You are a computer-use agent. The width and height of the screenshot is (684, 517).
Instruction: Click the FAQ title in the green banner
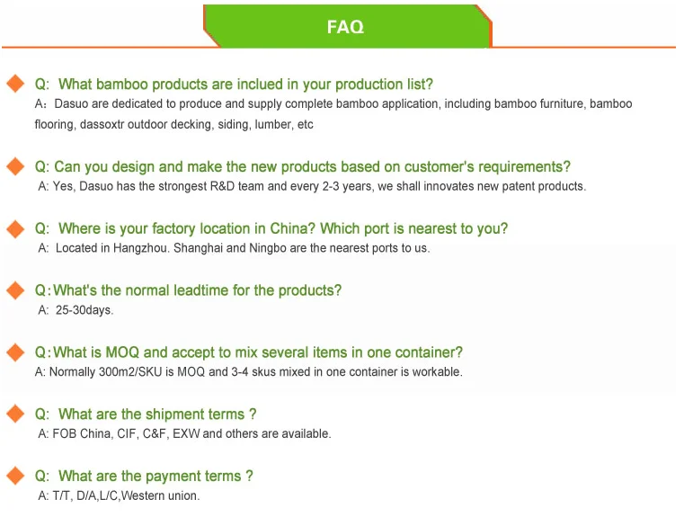tap(345, 27)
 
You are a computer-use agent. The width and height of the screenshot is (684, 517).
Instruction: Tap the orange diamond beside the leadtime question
tap(15, 290)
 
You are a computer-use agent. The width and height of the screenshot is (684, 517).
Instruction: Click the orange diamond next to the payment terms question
tap(15, 476)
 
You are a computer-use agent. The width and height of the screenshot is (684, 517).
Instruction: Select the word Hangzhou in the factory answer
tap(140, 248)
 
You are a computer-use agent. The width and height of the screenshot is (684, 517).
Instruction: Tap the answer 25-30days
tap(84, 310)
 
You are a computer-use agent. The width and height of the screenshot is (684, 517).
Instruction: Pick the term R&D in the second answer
tap(222, 186)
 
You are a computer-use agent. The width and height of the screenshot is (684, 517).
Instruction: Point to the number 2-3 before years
tap(331, 186)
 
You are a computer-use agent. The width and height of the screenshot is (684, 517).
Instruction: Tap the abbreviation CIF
tap(127, 433)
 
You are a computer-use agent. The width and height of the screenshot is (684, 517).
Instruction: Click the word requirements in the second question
tap(524, 167)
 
